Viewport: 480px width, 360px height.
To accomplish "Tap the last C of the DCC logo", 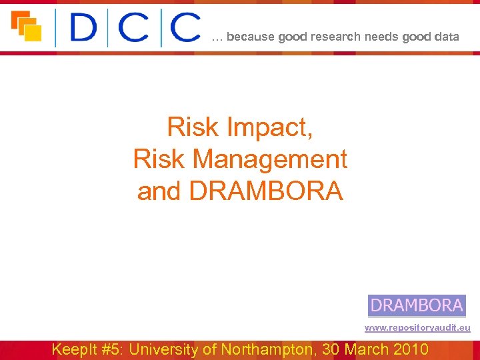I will pos(185,28).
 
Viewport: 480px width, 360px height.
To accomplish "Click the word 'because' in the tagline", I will pos(250,37).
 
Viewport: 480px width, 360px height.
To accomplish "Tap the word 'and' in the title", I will pos(160,191).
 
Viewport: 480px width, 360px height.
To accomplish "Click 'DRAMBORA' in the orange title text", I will pos(266,191).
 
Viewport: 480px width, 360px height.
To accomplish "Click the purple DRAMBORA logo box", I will pos(417,305).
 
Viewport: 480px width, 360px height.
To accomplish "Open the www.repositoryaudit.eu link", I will pos(417,328).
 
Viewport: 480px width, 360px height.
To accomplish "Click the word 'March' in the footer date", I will pos(365,349).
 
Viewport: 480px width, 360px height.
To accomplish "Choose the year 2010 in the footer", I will pos(411,349).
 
